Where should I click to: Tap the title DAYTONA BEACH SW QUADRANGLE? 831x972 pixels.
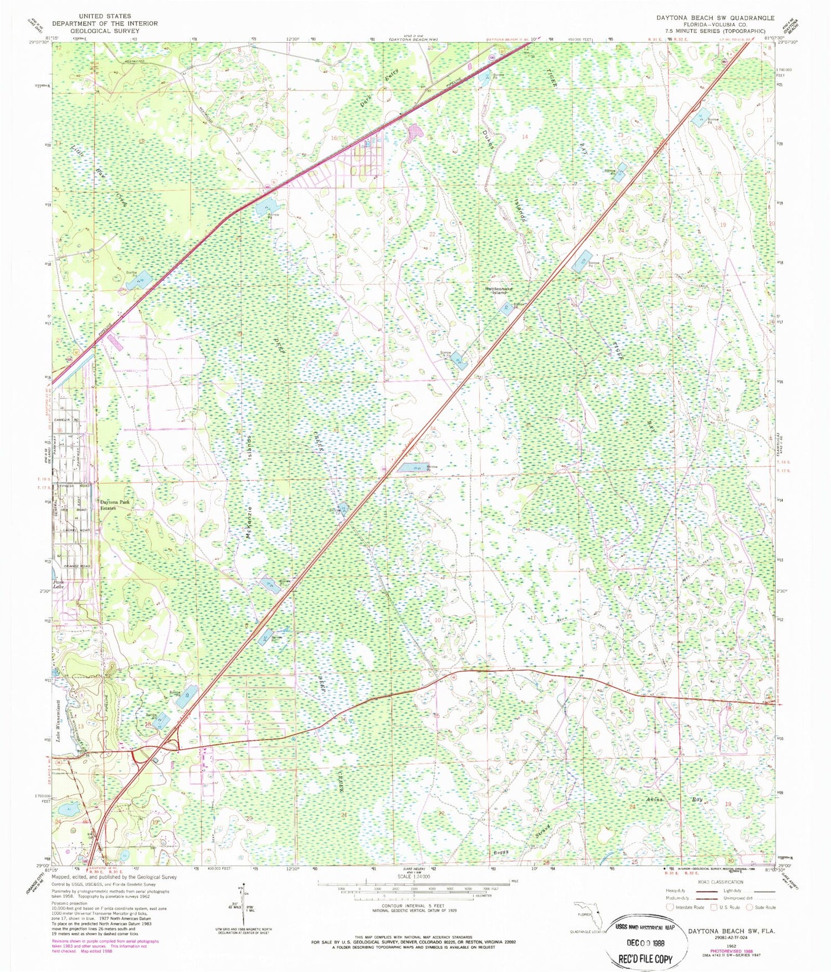tap(715, 18)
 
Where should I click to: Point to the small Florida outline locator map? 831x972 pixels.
tap(587, 915)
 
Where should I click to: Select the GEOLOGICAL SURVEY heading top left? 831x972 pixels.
tap(104, 31)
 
